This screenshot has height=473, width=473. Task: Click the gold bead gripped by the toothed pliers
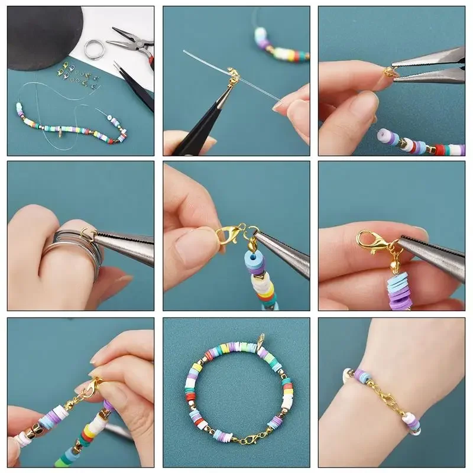(388, 72)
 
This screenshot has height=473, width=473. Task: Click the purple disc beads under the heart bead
(400, 290)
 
